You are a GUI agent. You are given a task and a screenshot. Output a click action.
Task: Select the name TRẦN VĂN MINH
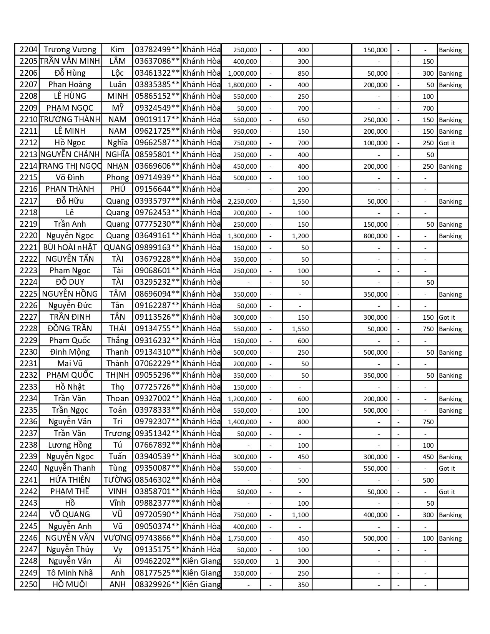pyautogui.click(x=70, y=61)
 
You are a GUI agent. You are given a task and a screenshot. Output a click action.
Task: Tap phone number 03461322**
pyautogui.click(x=157, y=73)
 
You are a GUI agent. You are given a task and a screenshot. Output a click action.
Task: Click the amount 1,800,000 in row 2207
pyautogui.click(x=243, y=85)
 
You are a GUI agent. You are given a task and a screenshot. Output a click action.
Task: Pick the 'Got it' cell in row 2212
pyautogui.click(x=447, y=143)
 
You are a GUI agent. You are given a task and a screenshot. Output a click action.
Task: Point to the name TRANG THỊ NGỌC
pyautogui.click(x=70, y=166)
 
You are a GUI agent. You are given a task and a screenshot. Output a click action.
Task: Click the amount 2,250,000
pyautogui.click(x=243, y=201)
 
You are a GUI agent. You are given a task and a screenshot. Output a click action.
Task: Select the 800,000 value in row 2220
pyautogui.click(x=375, y=236)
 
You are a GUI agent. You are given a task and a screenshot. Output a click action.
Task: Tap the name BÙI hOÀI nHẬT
pyautogui.click(x=70, y=247)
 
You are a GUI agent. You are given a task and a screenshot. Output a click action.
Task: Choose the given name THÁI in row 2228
pyautogui.click(x=117, y=329)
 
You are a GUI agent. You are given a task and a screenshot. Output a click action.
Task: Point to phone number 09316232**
pyautogui.click(x=157, y=340)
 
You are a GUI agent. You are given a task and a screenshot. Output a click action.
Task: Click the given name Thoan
pyautogui.click(x=117, y=398)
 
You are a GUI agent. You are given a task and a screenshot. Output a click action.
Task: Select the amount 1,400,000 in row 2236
pyautogui.click(x=243, y=422)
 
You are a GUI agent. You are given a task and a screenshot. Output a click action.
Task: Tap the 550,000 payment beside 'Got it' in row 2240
pyautogui.click(x=375, y=468)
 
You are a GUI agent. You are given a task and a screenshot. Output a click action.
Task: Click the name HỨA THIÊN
pyautogui.click(x=70, y=480)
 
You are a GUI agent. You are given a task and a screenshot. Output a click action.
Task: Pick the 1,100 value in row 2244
pyautogui.click(x=301, y=515)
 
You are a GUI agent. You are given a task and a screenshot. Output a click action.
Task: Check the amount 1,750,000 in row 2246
pyautogui.click(x=243, y=538)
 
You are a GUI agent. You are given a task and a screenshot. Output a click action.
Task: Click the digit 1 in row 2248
pyautogui.click(x=277, y=561)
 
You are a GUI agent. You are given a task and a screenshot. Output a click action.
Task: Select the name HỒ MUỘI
pyautogui.click(x=70, y=584)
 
